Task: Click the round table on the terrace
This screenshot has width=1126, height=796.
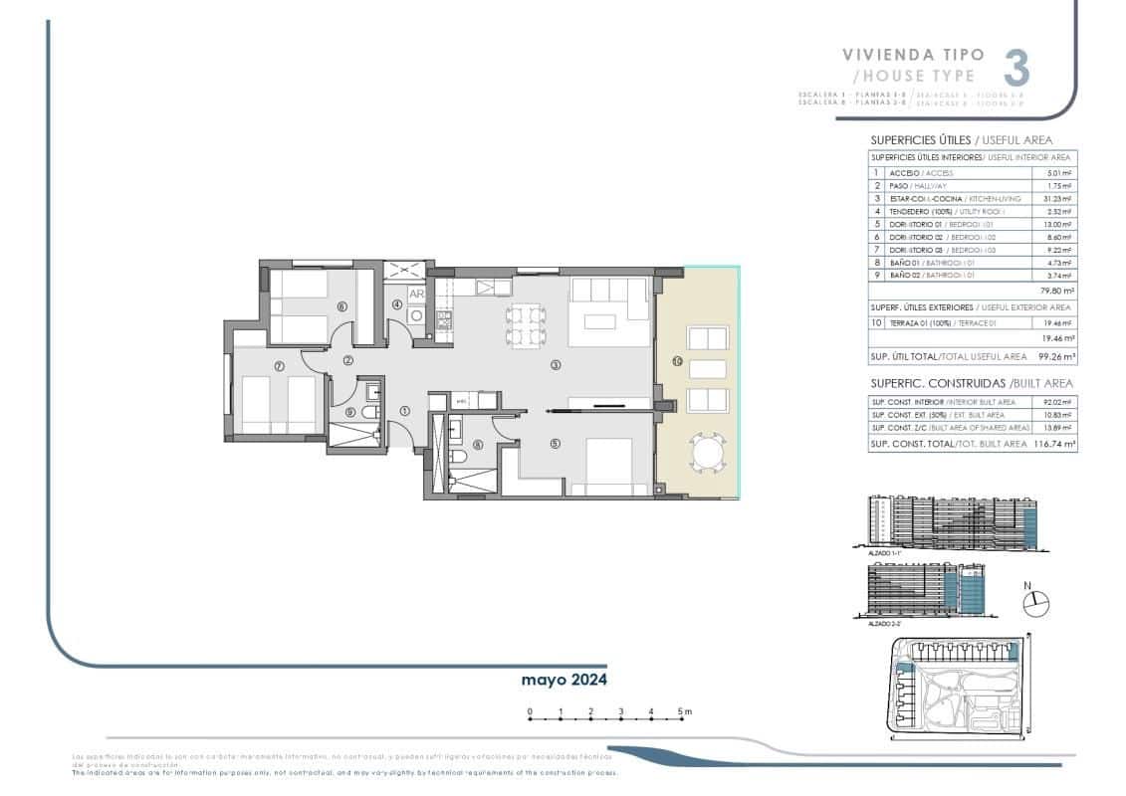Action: click(x=708, y=455)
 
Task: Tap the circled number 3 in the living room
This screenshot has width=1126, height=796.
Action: click(x=556, y=365)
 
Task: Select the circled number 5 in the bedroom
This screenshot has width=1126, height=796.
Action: click(x=555, y=444)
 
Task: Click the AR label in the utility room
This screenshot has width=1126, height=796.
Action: click(x=417, y=295)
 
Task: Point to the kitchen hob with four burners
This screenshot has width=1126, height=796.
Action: click(x=444, y=319)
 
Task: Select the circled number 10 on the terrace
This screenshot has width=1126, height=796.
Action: click(x=676, y=362)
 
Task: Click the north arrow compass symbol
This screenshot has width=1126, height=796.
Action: click(x=1035, y=600)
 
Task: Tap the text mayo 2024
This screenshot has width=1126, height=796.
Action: click(x=564, y=681)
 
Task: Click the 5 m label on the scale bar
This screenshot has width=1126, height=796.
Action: click(x=684, y=711)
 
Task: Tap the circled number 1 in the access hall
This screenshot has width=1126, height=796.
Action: click(x=404, y=410)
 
